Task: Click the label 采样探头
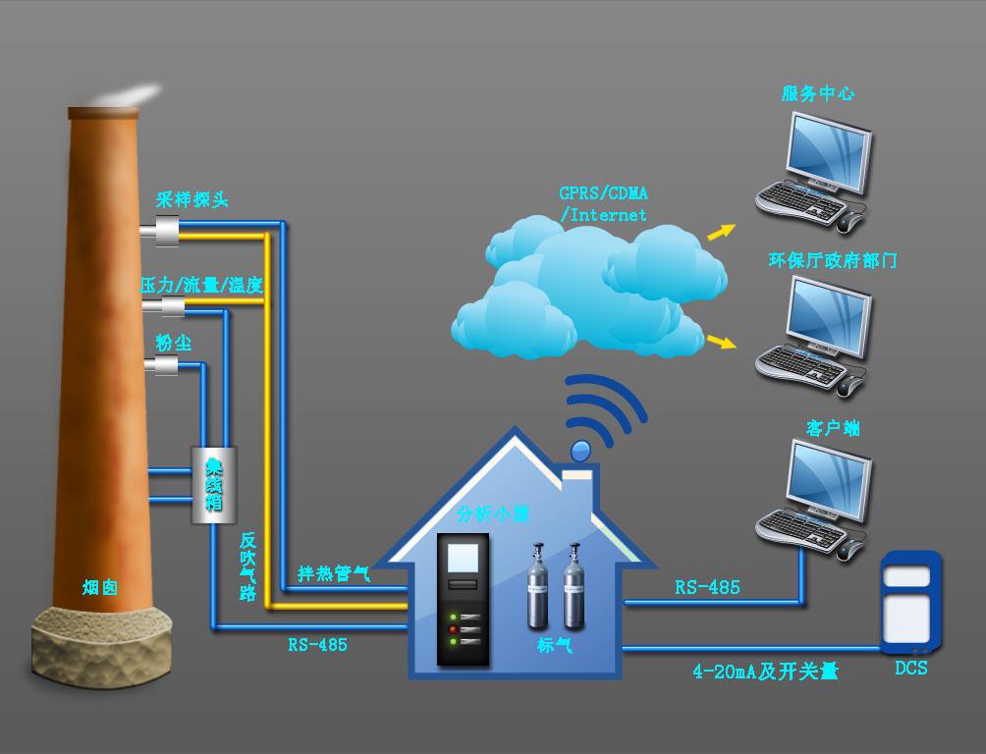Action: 192,200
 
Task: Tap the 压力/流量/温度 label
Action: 202,285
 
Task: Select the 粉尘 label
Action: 174,343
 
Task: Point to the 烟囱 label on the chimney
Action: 100,587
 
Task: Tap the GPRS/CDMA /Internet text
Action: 603,203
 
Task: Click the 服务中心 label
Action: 817,94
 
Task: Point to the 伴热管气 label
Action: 334,573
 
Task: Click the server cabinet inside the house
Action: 463,598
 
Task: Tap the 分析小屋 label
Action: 493,513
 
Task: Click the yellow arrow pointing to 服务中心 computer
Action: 721,232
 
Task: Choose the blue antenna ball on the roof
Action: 580,451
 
